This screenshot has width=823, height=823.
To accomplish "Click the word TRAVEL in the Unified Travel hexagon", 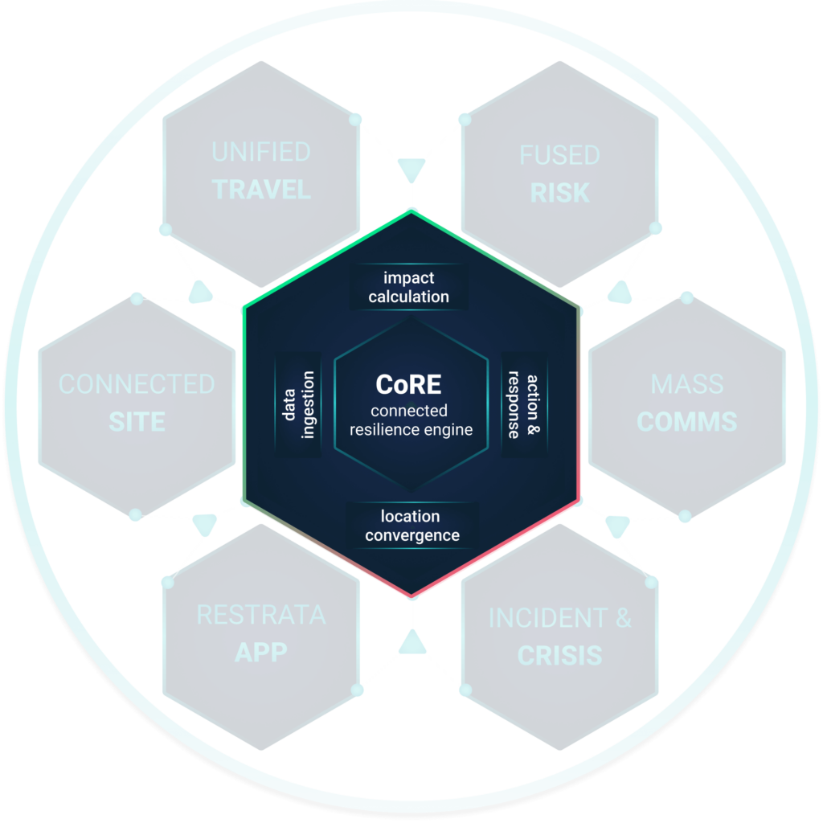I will coord(261,190).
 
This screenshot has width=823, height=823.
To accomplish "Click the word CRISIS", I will coord(559,656).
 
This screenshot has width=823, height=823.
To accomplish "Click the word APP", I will coord(261,653).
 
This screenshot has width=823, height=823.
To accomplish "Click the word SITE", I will coord(137,422).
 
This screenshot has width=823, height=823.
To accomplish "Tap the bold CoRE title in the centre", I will coord(408,385).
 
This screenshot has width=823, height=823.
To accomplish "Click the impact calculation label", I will coord(408,287).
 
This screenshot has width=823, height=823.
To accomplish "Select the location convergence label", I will coord(411,526).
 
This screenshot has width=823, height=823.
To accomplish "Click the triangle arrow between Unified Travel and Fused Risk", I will coord(411,169).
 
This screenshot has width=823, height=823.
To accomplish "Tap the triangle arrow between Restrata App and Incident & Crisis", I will coord(411,641).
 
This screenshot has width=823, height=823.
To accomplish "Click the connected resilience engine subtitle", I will coord(410,420).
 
